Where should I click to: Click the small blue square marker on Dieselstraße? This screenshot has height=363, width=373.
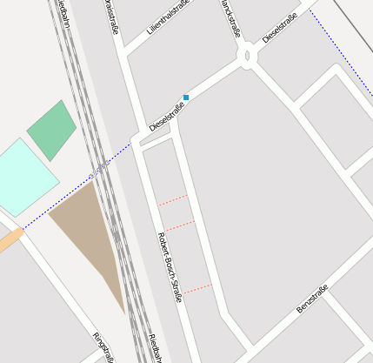186,97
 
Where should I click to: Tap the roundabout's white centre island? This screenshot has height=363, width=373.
248,57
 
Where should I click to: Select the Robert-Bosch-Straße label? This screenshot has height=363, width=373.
170,266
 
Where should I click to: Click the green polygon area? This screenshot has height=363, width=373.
51,130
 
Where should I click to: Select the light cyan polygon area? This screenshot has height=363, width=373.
24,178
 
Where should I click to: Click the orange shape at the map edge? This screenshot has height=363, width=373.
10,240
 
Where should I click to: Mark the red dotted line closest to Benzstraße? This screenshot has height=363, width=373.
197,288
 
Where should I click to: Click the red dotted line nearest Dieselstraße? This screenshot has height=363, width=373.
173,200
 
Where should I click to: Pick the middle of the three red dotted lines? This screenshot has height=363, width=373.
180,225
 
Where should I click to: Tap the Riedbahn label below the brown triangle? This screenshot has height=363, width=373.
151,347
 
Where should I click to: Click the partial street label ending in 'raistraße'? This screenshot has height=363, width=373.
111,17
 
